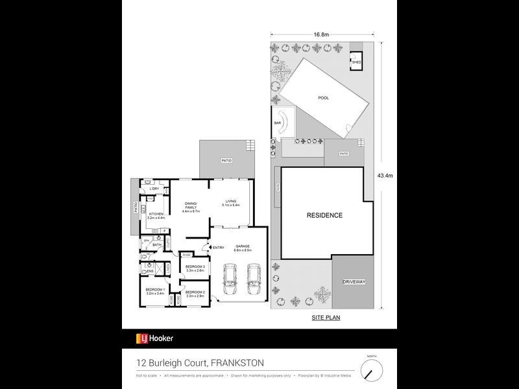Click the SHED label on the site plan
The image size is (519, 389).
point(356,62)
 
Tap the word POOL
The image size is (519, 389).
point(323,98)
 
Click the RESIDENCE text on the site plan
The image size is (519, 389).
point(324,215)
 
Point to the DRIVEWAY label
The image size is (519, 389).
point(354,282)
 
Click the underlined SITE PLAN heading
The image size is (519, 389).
point(324,318)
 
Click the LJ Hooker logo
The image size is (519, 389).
point(154,338)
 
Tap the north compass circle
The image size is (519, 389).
point(371,370)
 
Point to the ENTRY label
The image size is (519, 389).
point(218,247)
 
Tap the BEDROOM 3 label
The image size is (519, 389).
point(195,267)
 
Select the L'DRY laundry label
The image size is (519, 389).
point(155,189)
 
